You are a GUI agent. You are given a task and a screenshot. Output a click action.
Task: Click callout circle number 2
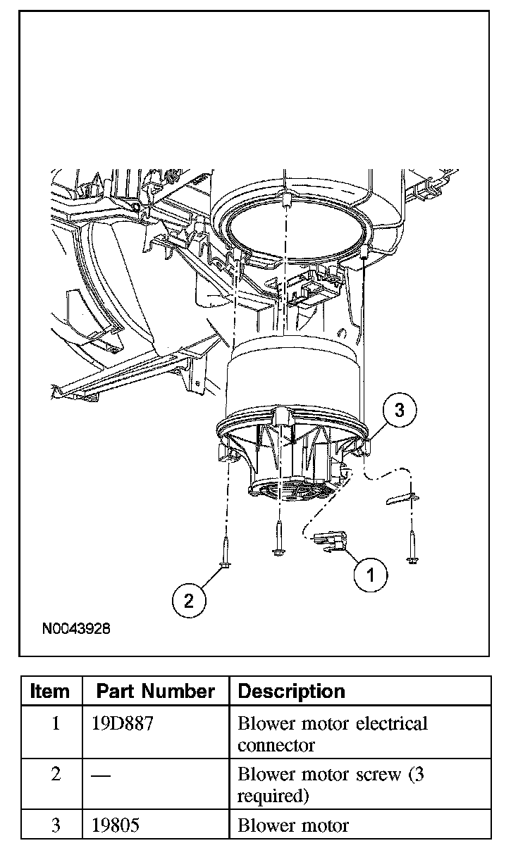[188, 601]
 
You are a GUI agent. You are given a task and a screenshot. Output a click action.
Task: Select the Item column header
[51, 692]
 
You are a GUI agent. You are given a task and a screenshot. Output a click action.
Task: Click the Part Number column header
[155, 692]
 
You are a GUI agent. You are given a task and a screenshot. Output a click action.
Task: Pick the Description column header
[292, 692]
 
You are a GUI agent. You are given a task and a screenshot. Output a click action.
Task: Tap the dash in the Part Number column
[101, 775]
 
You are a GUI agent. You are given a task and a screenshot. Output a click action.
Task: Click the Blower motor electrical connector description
[333, 734]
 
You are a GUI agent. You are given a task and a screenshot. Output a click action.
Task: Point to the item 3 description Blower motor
[293, 825]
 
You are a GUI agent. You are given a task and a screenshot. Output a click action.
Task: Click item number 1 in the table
[56, 724]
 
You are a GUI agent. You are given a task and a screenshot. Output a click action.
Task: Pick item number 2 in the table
[56, 775]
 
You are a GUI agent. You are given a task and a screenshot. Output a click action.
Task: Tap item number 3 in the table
[56, 825]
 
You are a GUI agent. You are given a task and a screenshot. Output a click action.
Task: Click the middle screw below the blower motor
[279, 537]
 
